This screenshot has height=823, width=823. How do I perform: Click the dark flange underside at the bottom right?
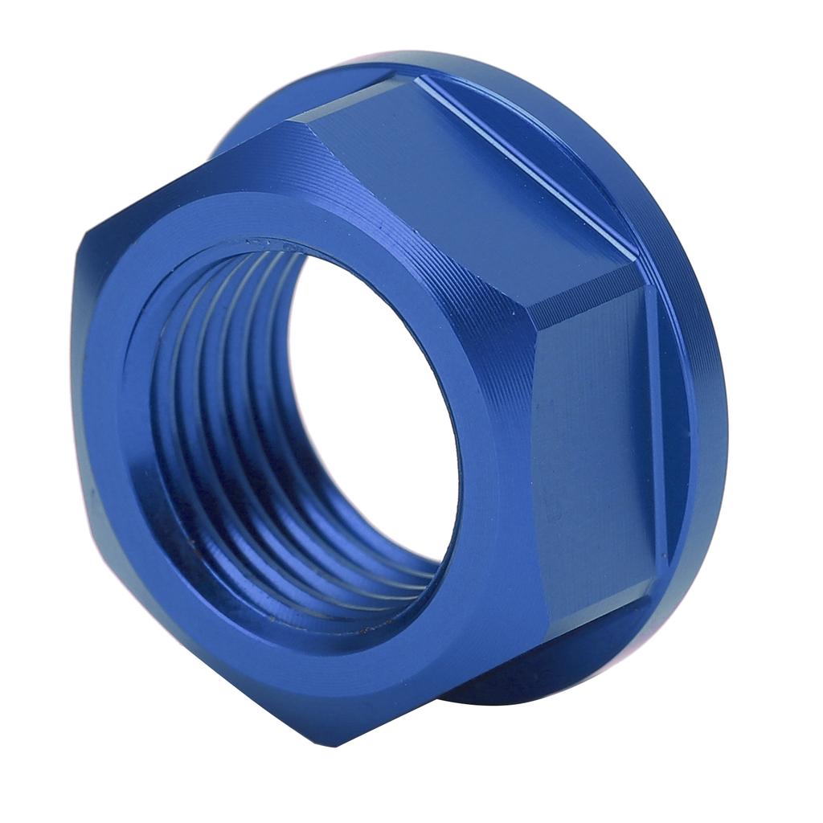click(x=514, y=683)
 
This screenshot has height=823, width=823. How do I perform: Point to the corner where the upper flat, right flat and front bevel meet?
click(x=534, y=309)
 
